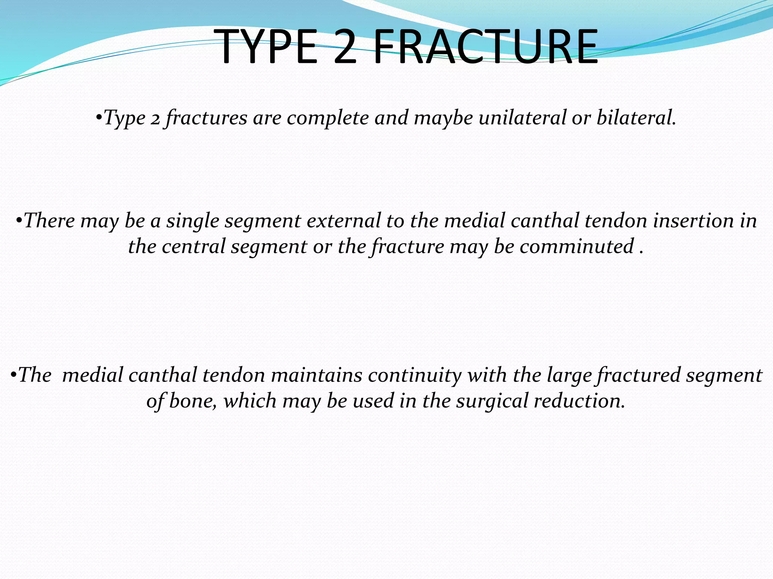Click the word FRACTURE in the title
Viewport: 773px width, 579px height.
click(x=485, y=47)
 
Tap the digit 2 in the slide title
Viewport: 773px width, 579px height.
click(x=345, y=47)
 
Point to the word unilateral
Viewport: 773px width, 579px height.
click(x=522, y=118)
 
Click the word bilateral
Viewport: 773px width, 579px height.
click(x=636, y=118)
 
